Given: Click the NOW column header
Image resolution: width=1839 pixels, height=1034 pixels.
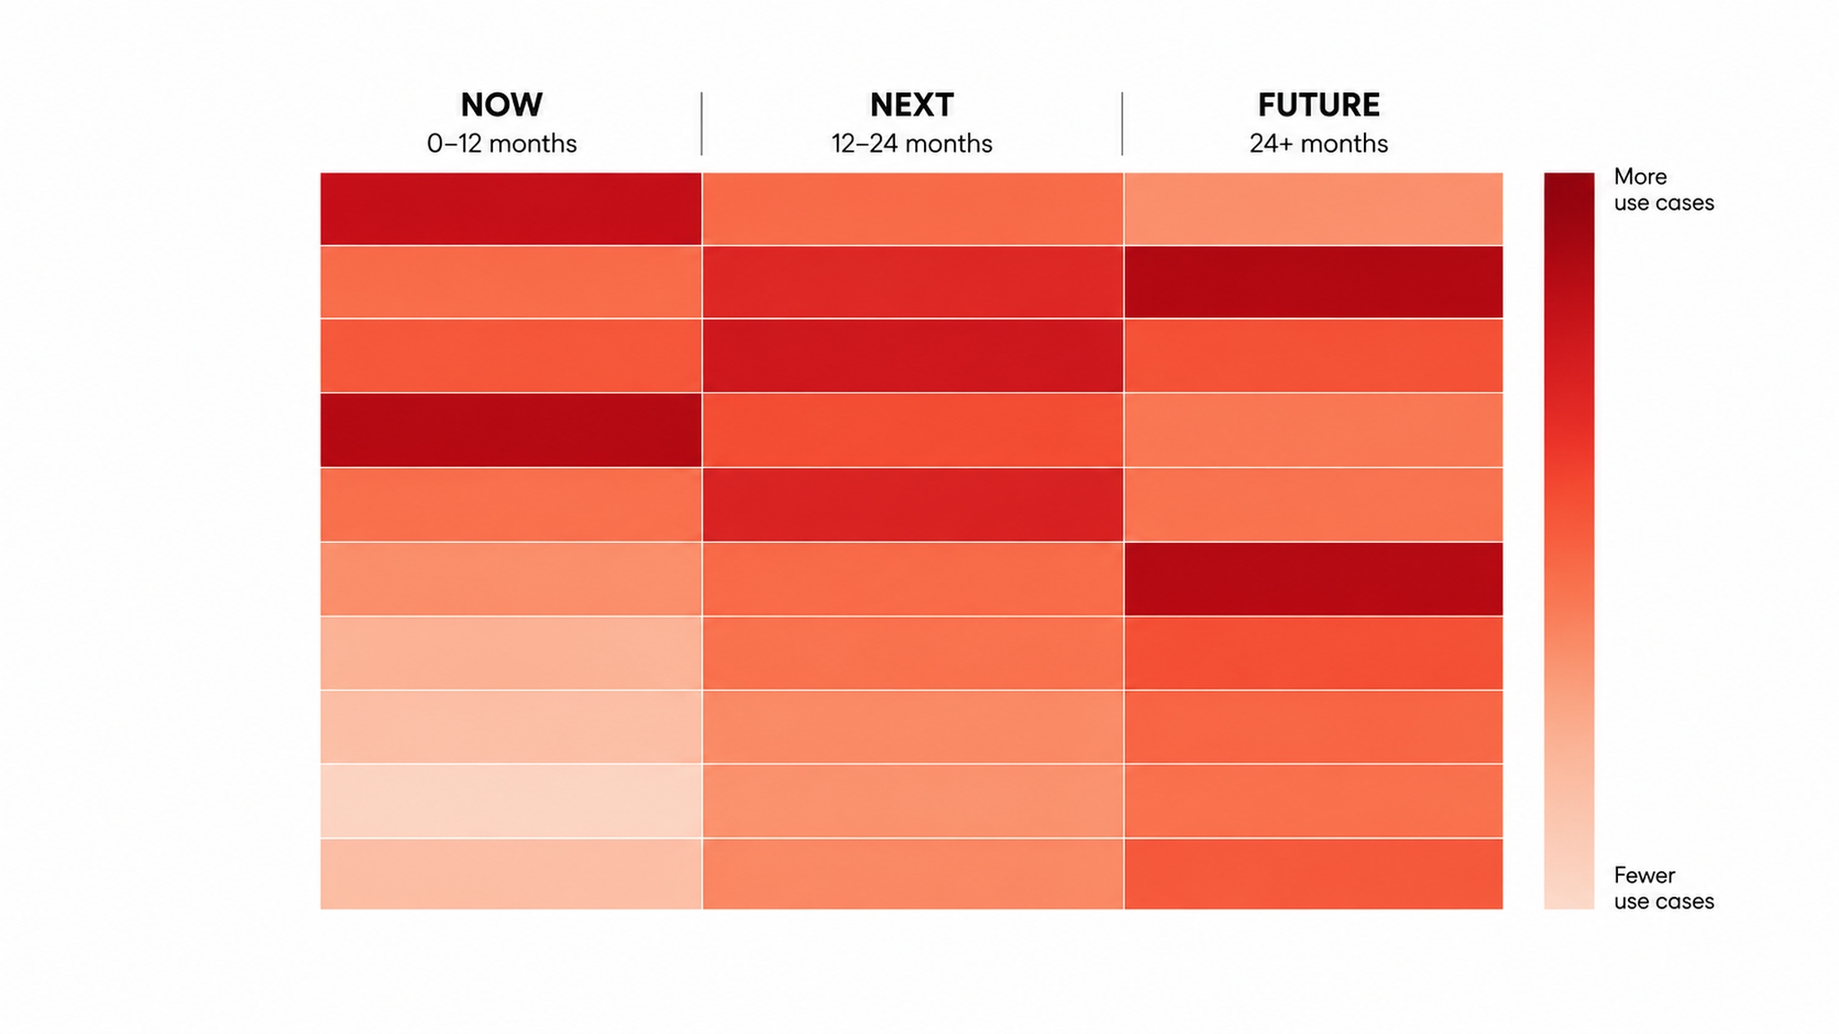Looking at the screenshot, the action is [501, 105].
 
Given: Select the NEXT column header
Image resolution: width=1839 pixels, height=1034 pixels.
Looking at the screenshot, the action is [911, 105].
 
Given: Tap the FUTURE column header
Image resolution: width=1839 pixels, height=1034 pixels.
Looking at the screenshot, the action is [1318, 105].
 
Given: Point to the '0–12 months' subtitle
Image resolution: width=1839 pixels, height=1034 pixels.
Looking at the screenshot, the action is [501, 144].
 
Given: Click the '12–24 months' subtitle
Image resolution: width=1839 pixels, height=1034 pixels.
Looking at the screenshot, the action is [911, 144].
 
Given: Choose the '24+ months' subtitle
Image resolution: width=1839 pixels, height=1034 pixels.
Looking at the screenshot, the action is [1318, 144].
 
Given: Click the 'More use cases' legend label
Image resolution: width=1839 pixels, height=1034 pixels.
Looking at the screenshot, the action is [1663, 189].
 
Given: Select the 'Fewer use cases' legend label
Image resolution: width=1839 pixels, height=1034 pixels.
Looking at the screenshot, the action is [1663, 888].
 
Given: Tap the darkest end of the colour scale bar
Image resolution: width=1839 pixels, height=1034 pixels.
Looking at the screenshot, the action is [1569, 177].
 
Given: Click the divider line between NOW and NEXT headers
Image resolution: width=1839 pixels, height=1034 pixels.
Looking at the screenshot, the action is [701, 123].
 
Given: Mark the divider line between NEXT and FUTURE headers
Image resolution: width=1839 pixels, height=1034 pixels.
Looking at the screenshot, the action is [1122, 123].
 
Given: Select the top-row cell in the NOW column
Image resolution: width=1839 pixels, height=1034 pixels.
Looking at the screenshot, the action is [511, 208].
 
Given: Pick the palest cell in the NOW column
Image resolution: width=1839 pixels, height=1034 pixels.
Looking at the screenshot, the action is [511, 801].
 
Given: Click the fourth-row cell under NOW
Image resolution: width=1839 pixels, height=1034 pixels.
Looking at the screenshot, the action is [511, 430].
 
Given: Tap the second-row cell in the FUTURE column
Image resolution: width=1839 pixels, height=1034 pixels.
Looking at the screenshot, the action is [1313, 282].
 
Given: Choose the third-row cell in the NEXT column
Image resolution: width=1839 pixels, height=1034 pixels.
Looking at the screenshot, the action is [912, 355].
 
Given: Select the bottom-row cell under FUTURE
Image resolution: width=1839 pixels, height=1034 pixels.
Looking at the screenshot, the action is [1313, 874].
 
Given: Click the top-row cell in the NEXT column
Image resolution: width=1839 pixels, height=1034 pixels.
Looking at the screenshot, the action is [912, 208].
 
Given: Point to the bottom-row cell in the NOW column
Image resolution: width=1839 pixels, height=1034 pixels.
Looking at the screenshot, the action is [511, 874].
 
